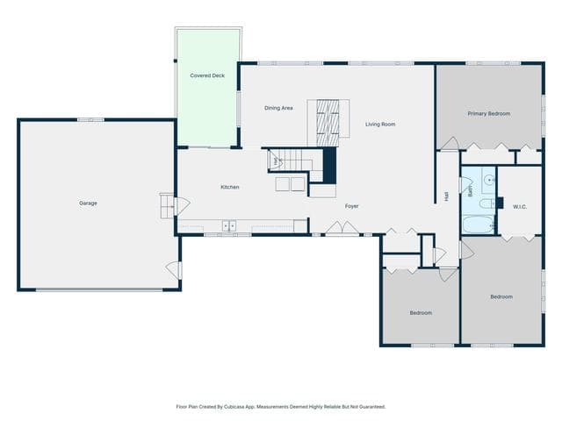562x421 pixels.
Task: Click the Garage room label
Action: [88, 203]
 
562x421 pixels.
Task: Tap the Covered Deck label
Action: [207, 75]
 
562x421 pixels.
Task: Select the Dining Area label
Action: [278, 108]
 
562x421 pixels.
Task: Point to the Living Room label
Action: [380, 125]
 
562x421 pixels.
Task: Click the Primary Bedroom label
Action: [489, 113]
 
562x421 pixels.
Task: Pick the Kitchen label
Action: [230, 187]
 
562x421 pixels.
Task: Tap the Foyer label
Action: [351, 206]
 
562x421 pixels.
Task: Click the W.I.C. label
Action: [520, 207]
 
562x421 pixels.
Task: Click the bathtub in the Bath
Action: [479, 225]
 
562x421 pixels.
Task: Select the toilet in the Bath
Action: [487, 203]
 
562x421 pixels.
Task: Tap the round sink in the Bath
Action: [489, 179]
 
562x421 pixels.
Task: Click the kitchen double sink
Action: [229, 226]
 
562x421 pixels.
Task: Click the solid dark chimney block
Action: [330, 166]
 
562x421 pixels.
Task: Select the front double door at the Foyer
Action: [342, 228]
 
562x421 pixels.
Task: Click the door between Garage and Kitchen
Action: [182, 207]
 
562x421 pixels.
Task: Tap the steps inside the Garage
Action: [167, 206]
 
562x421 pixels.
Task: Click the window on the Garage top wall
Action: [90, 120]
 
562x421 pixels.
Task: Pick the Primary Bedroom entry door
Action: [450, 144]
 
